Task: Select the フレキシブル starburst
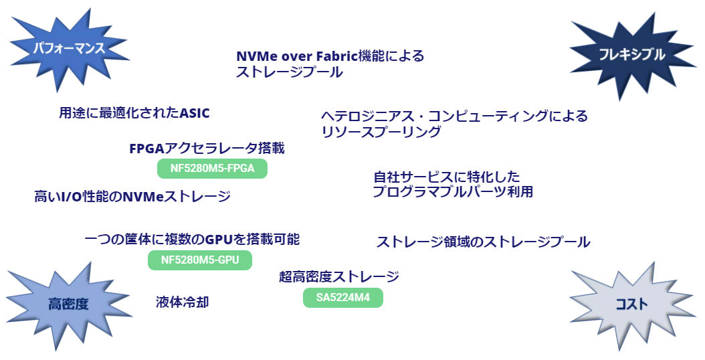tap(631, 55)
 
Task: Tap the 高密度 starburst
tap(68, 304)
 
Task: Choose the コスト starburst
tap(631, 304)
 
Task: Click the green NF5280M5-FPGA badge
tap(212, 169)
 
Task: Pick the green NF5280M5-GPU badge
tap(200, 260)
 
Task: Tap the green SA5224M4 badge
tap(343, 298)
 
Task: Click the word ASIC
tap(195, 113)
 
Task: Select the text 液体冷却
tap(183, 302)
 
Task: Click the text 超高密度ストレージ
tap(339, 276)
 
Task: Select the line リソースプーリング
tap(381, 132)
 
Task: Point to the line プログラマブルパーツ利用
tap(453, 191)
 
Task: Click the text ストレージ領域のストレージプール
tap(484, 242)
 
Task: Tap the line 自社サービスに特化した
tap(446, 177)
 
